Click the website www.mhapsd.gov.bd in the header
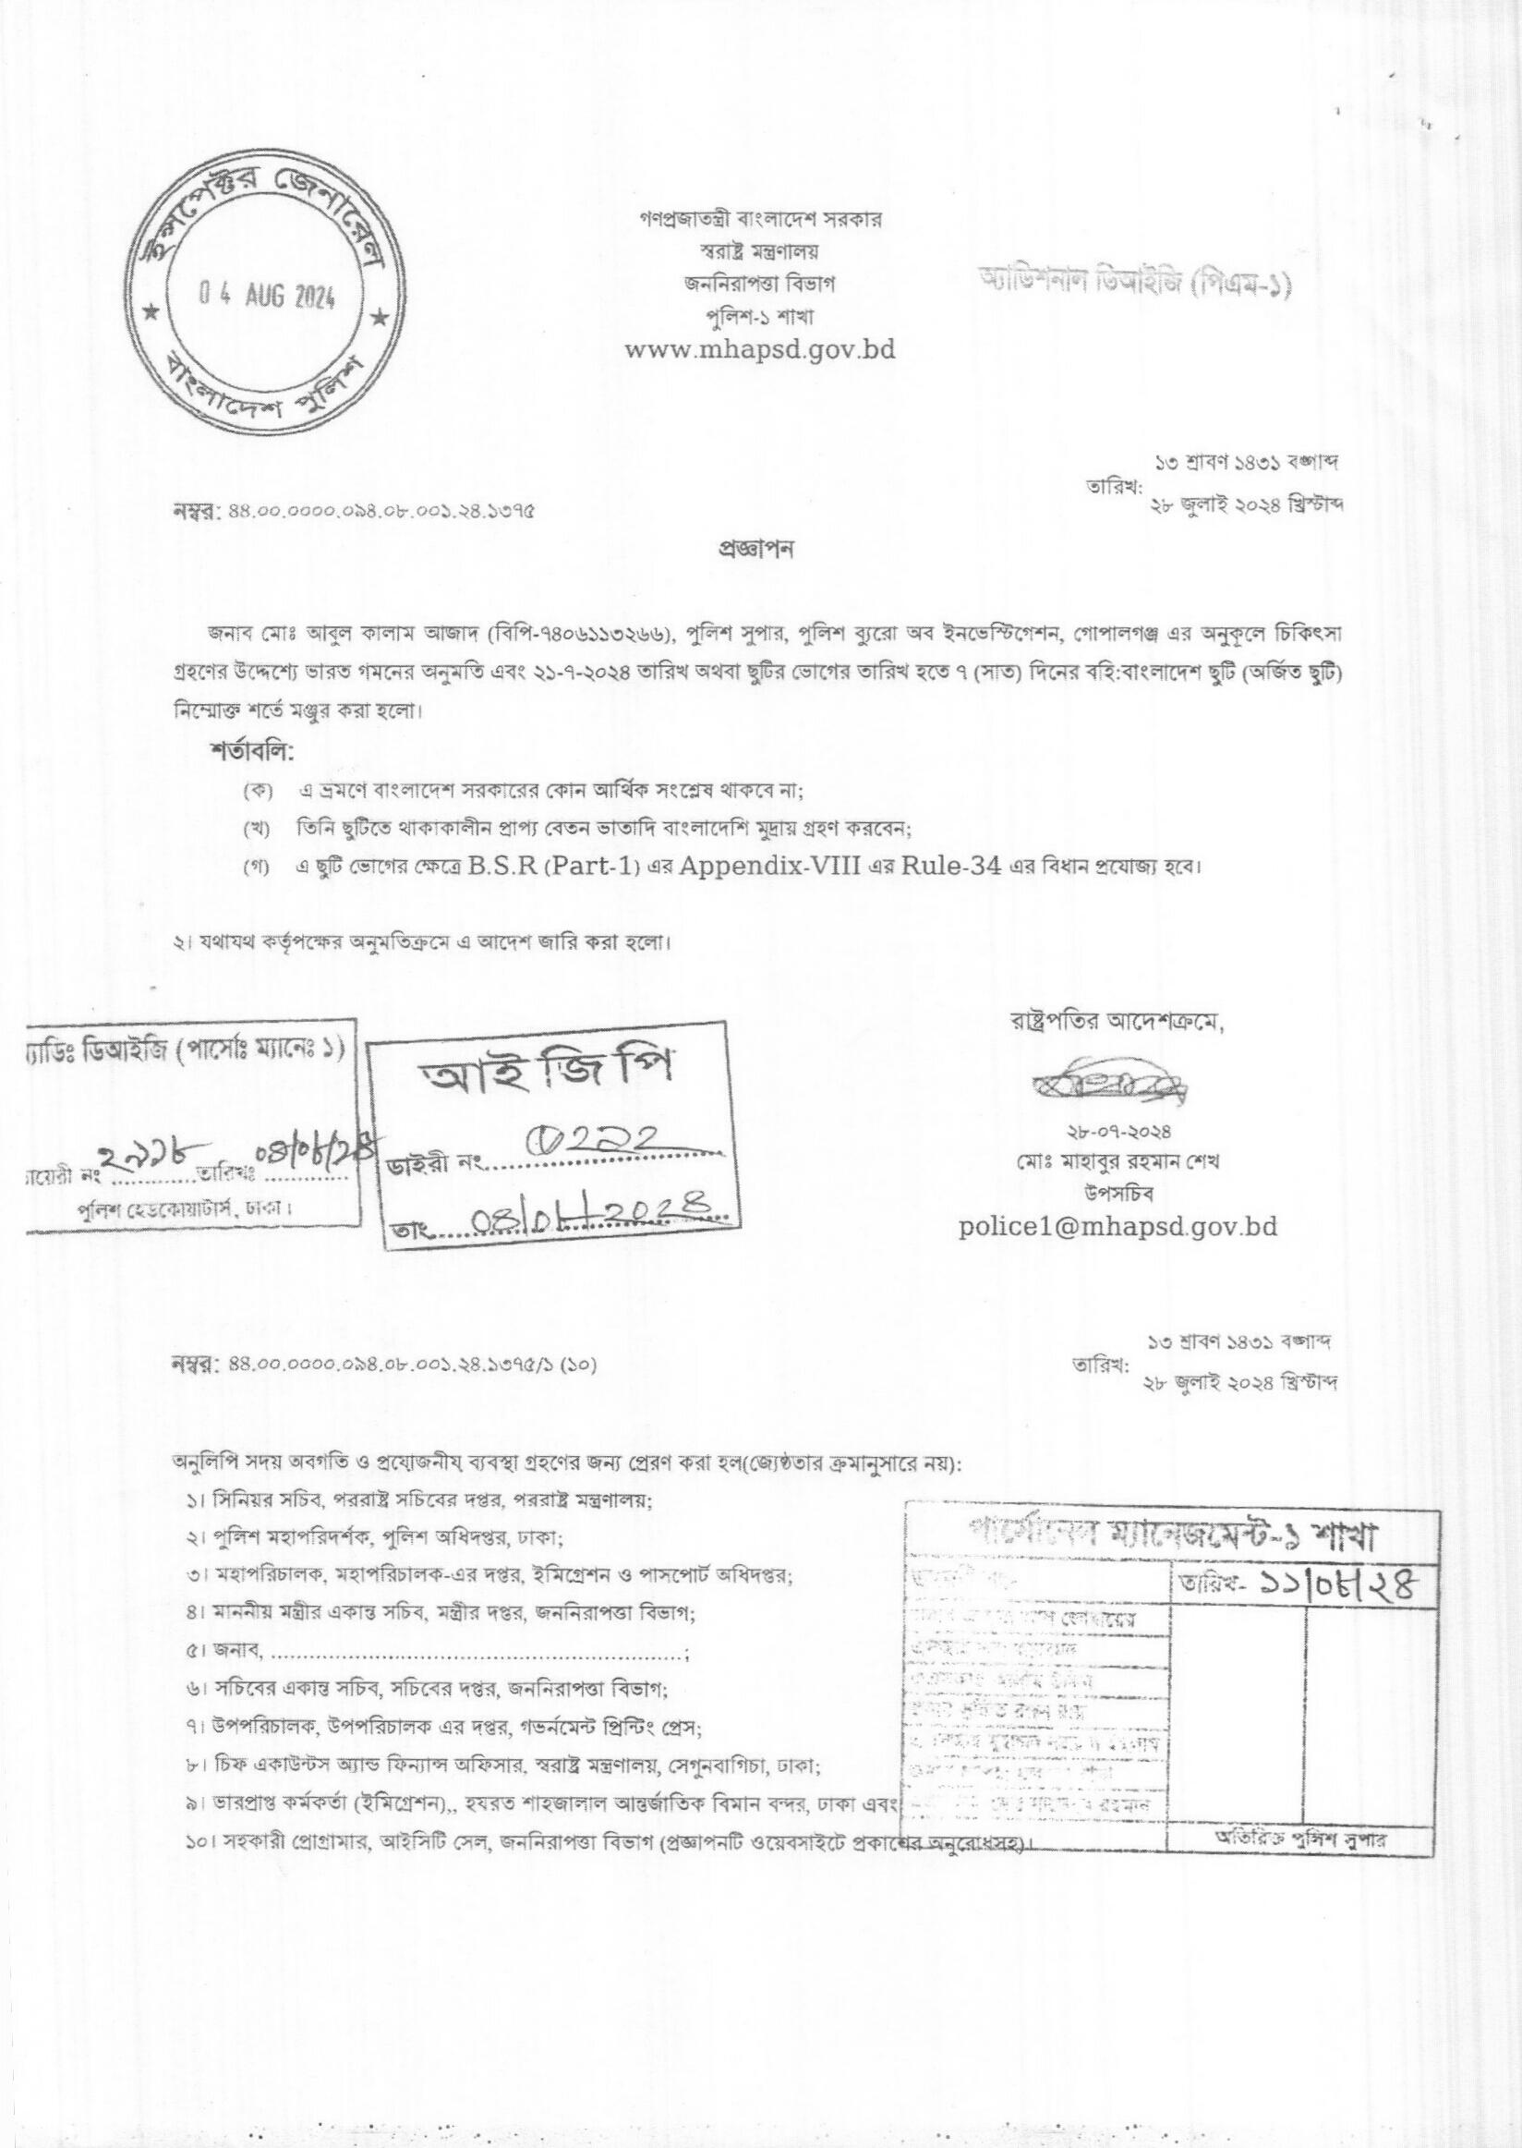click(760, 350)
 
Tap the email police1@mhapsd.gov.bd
click(1118, 1226)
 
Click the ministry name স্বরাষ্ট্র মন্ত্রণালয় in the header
click(760, 250)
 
